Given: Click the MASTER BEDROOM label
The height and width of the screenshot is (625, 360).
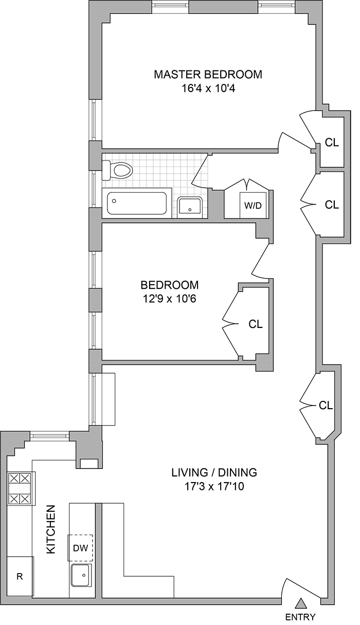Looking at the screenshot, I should [x=208, y=75].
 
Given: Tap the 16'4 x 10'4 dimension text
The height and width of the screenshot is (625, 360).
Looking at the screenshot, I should [x=208, y=88].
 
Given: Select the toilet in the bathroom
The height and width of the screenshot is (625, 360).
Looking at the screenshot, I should [x=117, y=170].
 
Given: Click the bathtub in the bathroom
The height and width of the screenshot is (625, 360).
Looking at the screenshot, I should [x=137, y=204].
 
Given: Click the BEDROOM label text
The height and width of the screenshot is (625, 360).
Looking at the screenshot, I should [x=170, y=285].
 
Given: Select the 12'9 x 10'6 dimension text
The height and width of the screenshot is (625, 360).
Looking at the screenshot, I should [x=170, y=299].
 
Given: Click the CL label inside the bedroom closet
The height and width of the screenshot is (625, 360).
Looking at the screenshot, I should [x=256, y=324].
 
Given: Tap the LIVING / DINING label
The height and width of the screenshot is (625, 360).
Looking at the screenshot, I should [x=214, y=472].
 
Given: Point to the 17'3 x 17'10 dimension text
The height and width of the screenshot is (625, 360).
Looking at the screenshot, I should [x=214, y=486].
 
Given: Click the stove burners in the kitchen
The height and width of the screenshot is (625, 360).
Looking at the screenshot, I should [x=21, y=488].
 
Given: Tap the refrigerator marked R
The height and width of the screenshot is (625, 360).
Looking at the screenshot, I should [x=20, y=576].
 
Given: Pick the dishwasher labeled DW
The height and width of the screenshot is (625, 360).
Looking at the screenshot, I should [x=81, y=548].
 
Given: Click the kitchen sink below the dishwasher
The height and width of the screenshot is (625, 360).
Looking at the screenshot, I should [x=81, y=575].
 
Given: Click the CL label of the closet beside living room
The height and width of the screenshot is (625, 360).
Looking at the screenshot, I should [x=326, y=405].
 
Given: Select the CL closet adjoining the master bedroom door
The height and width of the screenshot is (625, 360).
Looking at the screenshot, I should [x=332, y=143].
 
